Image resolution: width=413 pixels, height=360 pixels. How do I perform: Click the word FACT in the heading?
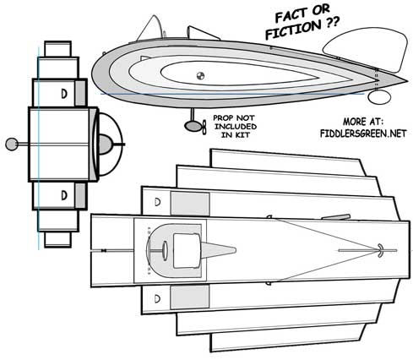coord(291,16)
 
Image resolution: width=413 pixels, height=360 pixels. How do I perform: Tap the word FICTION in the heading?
coord(293,30)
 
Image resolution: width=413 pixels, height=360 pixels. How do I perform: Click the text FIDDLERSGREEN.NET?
coord(363,134)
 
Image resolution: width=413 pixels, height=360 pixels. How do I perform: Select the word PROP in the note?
coord(222,117)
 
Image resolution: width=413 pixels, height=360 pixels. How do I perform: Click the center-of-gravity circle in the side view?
coord(200,76)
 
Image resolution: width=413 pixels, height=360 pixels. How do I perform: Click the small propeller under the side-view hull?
coord(204,127)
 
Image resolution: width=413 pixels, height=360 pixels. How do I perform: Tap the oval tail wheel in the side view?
coord(379,97)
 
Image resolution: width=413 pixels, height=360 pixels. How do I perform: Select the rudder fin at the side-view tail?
coord(366,49)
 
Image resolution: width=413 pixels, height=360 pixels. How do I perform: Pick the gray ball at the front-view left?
coord(12,145)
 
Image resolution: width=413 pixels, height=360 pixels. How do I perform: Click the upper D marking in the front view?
coord(64,94)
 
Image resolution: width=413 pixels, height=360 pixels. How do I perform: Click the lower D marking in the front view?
coord(64,195)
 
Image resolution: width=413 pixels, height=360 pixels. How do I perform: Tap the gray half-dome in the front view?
coord(106,145)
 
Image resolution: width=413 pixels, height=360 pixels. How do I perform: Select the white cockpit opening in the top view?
coord(187,251)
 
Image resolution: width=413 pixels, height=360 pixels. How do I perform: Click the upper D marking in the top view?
coord(158,202)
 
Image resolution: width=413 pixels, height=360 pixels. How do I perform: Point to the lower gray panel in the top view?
coord(190,297)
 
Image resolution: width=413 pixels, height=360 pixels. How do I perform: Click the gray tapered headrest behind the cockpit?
coord(218,250)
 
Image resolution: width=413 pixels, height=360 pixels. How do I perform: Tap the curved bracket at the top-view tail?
coord(380,250)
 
